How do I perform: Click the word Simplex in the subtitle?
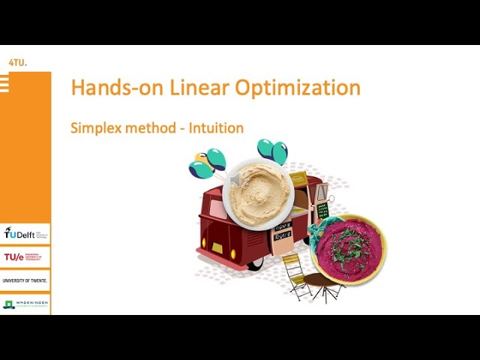[x=95, y=127]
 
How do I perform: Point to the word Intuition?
[x=216, y=127]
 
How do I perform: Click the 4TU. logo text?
[x=16, y=63]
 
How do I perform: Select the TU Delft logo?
[x=25, y=233]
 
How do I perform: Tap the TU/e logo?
[x=25, y=257]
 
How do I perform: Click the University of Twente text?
[x=25, y=280]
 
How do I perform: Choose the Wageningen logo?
[x=25, y=304]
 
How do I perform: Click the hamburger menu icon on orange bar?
[x=4, y=84]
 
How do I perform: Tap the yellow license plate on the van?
[x=217, y=247]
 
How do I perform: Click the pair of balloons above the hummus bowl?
[x=273, y=151]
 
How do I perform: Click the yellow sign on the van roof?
[x=298, y=178]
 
